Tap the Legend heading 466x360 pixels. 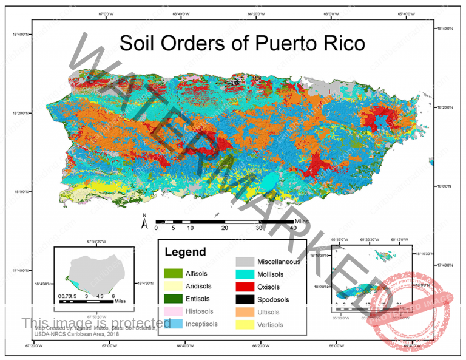(185, 252)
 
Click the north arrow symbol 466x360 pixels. (144, 222)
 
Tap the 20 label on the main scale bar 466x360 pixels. (225, 228)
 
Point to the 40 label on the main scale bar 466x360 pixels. (293, 228)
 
